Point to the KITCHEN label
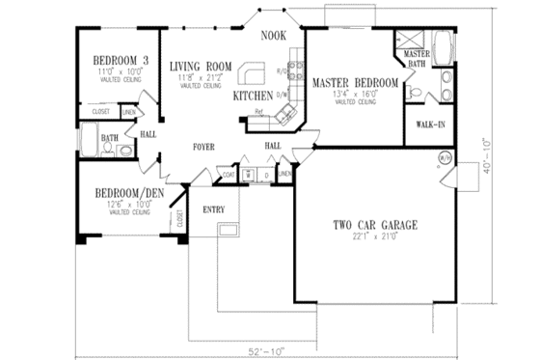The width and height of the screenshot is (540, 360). click(x=252, y=97)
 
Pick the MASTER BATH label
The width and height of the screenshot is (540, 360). click(x=417, y=59)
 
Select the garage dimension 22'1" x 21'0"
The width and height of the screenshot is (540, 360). click(x=374, y=236)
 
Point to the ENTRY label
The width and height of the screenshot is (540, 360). click(x=214, y=208)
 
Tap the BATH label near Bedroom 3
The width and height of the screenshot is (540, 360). click(x=110, y=138)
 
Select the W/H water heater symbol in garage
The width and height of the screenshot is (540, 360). click(x=445, y=157)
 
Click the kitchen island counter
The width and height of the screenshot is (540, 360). click(x=253, y=75)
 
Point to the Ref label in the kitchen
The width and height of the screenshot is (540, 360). click(x=259, y=112)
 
